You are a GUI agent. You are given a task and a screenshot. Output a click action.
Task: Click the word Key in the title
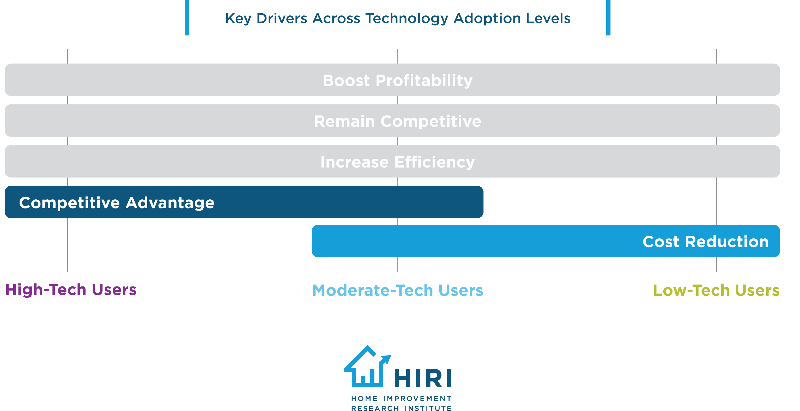238,19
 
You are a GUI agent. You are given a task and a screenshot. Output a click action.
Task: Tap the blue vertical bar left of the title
187,17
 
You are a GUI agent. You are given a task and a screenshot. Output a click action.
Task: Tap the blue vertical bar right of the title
608,17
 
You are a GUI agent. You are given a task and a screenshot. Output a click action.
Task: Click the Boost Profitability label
397,80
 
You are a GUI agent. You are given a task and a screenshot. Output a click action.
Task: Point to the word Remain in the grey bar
344,121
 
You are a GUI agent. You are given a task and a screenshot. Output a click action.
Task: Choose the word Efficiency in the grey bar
434,162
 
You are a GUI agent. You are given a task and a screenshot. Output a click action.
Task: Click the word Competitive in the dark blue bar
69,203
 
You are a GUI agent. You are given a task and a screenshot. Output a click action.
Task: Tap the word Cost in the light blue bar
660,242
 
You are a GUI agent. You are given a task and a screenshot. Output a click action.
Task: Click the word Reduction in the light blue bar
727,242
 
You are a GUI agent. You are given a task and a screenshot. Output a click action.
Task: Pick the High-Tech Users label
71,290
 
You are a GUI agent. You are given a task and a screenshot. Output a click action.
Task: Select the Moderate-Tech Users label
397,290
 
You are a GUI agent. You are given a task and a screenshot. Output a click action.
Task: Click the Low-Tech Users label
716,290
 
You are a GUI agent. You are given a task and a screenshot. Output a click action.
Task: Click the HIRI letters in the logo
423,378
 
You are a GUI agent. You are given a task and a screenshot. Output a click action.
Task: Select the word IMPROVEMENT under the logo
417,398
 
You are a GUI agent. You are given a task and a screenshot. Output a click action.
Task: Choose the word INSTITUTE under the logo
428,408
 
